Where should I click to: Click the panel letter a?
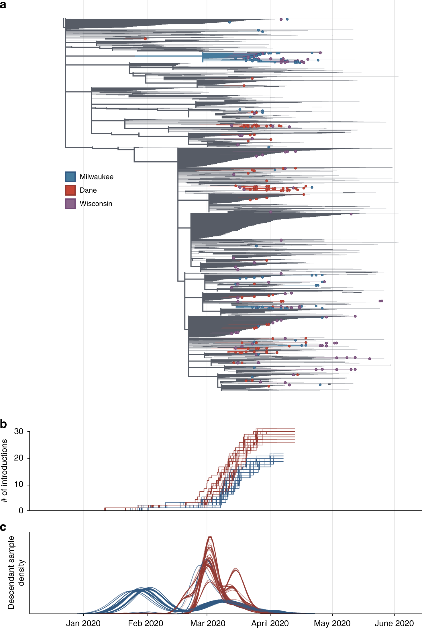pos(3,5)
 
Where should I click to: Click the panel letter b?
pos(3,424)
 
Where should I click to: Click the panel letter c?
pos(3,527)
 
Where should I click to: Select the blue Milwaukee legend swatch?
pos(70,177)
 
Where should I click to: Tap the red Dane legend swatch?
pos(70,190)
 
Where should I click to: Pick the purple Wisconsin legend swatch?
pos(70,204)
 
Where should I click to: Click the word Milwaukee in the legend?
pos(96,177)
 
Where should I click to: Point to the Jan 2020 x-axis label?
pos(83,623)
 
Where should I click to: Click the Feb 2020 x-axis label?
pos(146,623)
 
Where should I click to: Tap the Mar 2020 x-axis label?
pos(208,623)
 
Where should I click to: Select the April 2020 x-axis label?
pos(270,623)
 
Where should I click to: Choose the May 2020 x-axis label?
pos(332,623)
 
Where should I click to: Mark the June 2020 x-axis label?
pos(394,623)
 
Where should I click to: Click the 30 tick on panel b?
pos(19,431)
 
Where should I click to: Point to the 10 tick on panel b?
pos(19,484)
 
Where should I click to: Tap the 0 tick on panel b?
pos(21,510)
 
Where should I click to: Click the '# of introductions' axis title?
pos(4,471)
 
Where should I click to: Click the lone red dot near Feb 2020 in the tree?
pos(145,39)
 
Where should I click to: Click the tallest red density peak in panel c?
pos(210,536)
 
